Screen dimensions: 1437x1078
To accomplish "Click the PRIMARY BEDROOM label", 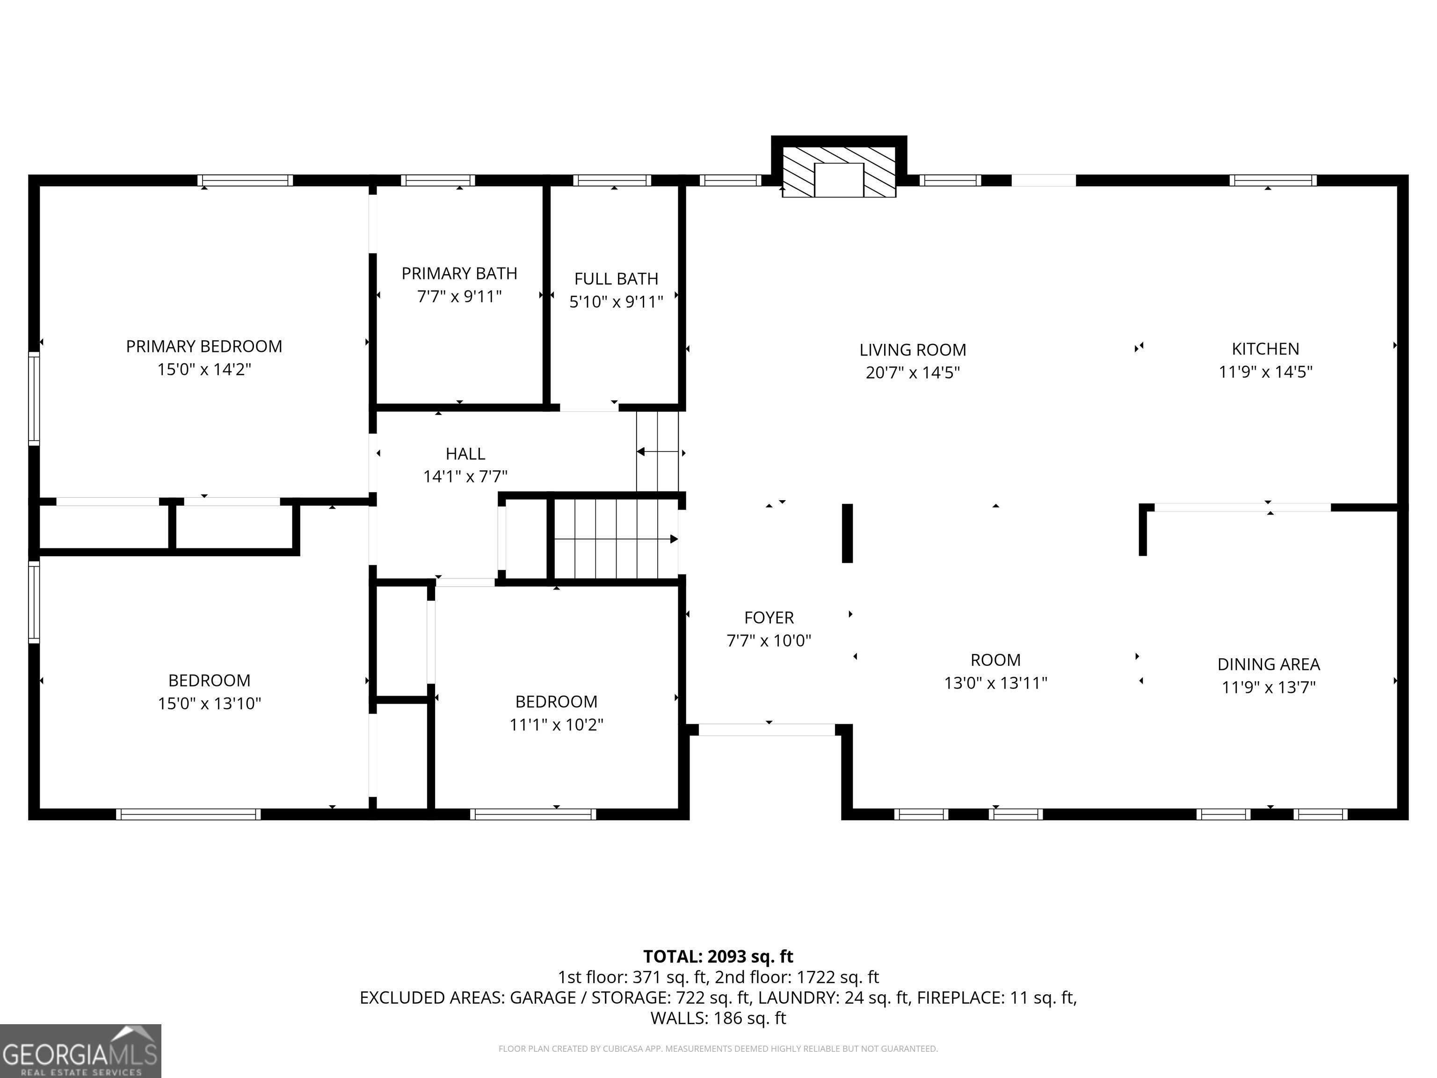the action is coord(204,346).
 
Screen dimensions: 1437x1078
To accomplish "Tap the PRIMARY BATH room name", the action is coord(459,274).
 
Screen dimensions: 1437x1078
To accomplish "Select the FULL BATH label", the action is coord(616,279).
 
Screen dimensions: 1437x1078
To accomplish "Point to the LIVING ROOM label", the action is coord(913,350).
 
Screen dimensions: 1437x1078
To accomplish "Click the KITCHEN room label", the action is coord(1265,349).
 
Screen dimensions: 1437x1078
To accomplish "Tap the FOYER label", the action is coord(769,618).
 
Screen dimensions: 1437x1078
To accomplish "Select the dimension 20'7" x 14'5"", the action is coord(913,373).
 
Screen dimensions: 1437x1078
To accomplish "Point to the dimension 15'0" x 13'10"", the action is coord(209,704).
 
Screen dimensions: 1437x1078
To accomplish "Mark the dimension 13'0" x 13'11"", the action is coord(996,684).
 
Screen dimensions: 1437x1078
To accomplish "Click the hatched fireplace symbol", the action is coord(839,172).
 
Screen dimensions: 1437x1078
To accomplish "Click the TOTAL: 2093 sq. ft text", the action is coord(718,956).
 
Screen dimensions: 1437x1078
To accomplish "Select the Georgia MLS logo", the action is coord(80,1051).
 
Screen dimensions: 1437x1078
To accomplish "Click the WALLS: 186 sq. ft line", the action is coord(718,1018).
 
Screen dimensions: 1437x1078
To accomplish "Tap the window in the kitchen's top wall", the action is coord(1275,181).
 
